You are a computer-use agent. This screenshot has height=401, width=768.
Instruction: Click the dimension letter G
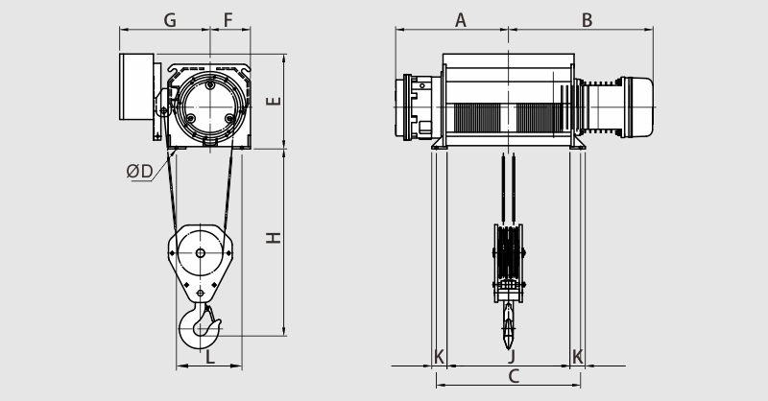(170, 20)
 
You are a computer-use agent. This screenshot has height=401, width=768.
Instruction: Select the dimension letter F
(228, 20)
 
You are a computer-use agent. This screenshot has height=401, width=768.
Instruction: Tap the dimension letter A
(461, 20)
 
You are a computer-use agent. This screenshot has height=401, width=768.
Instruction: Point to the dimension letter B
(587, 20)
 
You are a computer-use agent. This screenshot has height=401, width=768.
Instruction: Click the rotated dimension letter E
(274, 101)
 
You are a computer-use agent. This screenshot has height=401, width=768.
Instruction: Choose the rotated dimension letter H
(274, 238)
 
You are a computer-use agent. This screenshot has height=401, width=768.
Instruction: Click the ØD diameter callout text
(139, 172)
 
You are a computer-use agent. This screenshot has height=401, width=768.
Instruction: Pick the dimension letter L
(209, 357)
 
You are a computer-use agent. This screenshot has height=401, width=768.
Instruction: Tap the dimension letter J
(513, 357)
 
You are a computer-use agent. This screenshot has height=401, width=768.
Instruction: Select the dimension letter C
(514, 376)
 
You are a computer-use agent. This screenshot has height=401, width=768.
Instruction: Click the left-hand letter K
(439, 357)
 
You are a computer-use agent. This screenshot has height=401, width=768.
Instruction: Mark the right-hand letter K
(578, 357)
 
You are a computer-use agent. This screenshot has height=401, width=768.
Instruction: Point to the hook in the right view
(509, 325)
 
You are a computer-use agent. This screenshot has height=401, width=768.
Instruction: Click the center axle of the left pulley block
(201, 253)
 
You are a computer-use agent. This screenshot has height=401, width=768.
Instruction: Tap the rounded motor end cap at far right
(636, 107)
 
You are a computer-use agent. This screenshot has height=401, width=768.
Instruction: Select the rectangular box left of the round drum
(136, 86)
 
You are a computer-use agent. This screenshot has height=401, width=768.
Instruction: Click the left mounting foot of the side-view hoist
(440, 143)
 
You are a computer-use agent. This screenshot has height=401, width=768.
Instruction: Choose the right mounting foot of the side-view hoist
(578, 143)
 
